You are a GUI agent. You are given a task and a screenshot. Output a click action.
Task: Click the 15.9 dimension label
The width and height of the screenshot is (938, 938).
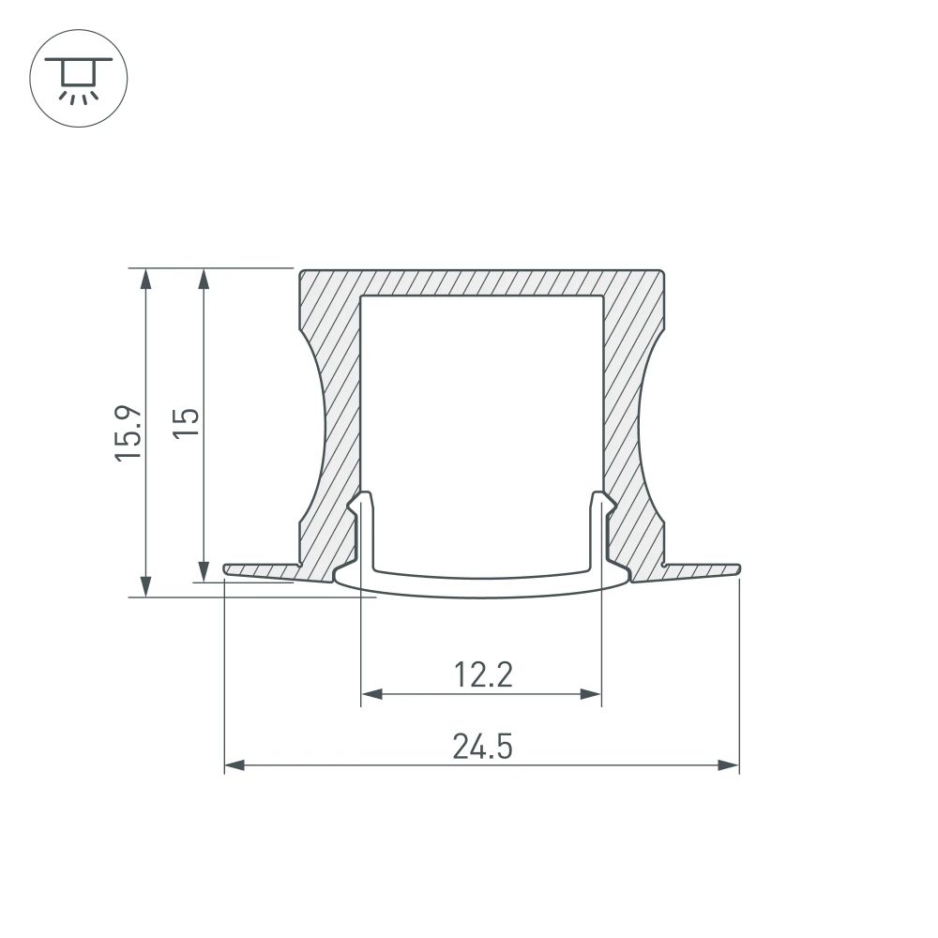click(129, 431)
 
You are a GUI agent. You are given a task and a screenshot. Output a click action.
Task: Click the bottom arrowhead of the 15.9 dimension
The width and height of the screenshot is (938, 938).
click(145, 586)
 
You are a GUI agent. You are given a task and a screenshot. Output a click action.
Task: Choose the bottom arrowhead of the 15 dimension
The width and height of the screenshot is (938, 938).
click(204, 571)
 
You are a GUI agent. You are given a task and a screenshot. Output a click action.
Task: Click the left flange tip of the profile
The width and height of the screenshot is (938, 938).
click(228, 568)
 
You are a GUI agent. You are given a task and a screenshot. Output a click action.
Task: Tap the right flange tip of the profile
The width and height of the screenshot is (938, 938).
click(736, 568)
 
